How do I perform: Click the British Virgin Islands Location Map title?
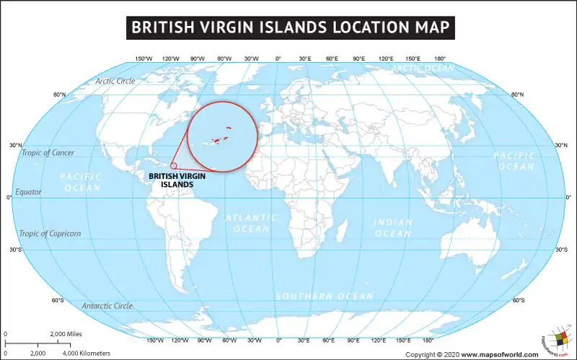pyautogui.click(x=288, y=27)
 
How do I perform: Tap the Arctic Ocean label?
pyautogui.click(x=423, y=68)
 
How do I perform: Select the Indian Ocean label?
pyautogui.click(x=393, y=228)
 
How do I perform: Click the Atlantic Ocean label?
pyautogui.click(x=252, y=223)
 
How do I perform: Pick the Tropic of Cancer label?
pyautogui.click(x=48, y=153)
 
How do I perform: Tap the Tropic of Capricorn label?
pyautogui.click(x=50, y=234)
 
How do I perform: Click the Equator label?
pyautogui.click(x=29, y=193)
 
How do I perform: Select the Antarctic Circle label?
pyautogui.click(x=107, y=306)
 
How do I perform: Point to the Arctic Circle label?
pyautogui.click(x=115, y=81)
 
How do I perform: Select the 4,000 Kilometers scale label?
pyautogui.click(x=87, y=354)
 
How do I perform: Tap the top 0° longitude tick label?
pyautogui.click(x=278, y=58)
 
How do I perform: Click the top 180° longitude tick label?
pyautogui.click(x=439, y=58)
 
